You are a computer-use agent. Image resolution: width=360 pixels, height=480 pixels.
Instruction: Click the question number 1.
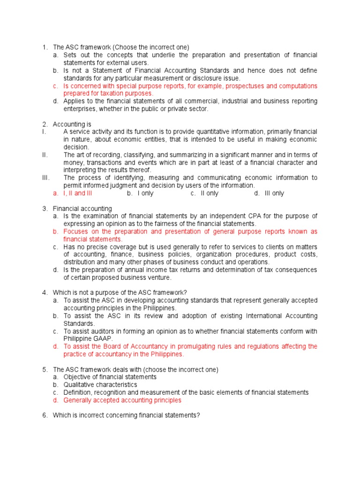tap(45, 47)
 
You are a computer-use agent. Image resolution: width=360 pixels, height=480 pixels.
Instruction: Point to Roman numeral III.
tap(46, 178)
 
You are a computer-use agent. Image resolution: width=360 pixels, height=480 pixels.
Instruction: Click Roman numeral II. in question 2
tap(45, 155)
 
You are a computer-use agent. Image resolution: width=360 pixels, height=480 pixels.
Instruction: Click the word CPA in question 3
tap(270, 216)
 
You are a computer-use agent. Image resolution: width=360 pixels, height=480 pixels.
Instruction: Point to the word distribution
tap(82, 262)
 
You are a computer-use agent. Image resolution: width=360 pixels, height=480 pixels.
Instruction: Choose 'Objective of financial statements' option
tap(110, 377)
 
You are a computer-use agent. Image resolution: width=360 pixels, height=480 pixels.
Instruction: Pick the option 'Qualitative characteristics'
tap(100, 385)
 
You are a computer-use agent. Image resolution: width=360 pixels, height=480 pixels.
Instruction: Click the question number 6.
tap(45, 415)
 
